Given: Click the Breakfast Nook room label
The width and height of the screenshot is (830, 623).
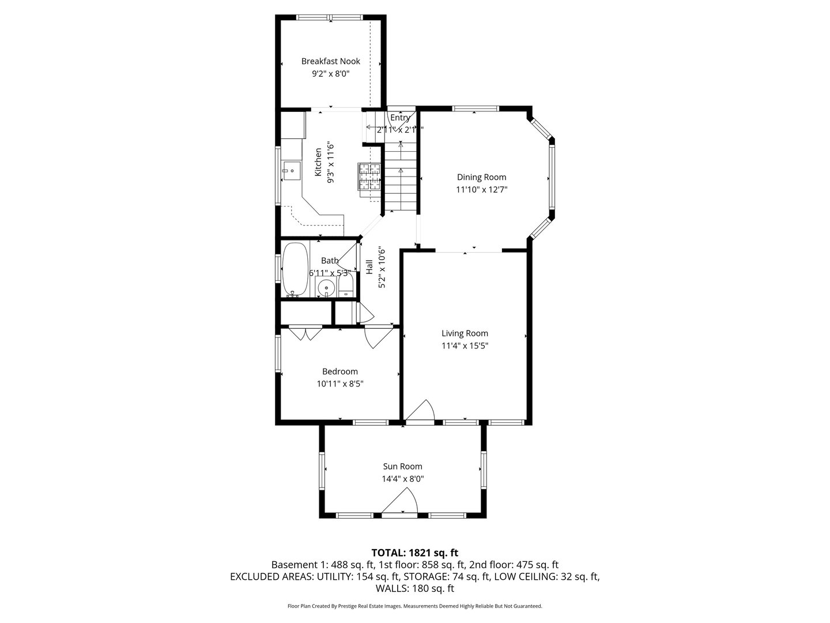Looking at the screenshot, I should click(330, 61).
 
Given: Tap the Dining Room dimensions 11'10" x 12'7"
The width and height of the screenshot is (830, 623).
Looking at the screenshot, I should click(481, 189).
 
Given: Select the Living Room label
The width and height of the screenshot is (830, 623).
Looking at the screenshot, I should click(465, 333).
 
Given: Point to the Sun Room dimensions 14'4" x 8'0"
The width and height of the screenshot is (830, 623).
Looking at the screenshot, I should click(402, 479).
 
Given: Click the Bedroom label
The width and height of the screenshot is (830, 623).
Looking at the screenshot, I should click(339, 371).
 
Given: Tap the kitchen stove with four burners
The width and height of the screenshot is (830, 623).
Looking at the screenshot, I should click(369, 177).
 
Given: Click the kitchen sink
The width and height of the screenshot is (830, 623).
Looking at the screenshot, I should click(292, 171).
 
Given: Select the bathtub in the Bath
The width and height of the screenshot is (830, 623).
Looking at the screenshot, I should click(295, 269).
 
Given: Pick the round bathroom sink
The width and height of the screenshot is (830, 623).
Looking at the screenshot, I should click(327, 287).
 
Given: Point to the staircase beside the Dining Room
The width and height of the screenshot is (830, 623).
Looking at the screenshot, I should click(399, 173).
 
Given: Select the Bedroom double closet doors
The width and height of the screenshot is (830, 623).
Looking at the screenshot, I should click(305, 333).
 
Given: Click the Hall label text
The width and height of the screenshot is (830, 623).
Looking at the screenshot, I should click(369, 267).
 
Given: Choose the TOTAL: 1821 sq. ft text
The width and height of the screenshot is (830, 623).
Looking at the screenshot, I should click(414, 553).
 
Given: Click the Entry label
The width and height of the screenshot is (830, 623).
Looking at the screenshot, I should click(400, 118).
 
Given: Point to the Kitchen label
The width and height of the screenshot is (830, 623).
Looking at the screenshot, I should click(318, 162).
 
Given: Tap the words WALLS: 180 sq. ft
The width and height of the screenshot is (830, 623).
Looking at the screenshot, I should click(414, 588).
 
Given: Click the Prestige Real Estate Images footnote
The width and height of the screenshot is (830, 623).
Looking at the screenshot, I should click(414, 606).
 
